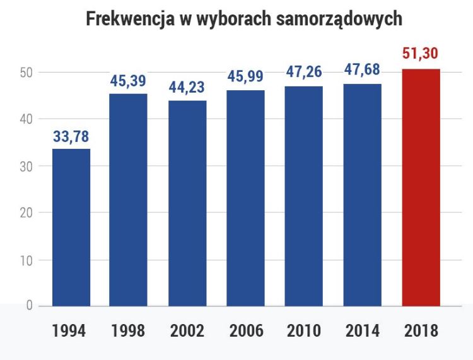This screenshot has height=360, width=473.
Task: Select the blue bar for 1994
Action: (71, 228)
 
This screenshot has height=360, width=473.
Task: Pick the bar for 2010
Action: (304, 196)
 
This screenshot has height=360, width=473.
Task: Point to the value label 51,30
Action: (421, 54)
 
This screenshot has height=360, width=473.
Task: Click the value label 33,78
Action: (71, 136)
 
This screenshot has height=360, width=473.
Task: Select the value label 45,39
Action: (128, 81)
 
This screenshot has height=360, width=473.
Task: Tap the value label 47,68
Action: (363, 70)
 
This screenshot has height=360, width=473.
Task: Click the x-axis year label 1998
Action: (127, 331)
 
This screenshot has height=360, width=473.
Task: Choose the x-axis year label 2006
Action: (246, 331)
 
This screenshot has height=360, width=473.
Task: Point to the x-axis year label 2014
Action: (363, 331)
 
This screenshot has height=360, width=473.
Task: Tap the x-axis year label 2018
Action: (421, 331)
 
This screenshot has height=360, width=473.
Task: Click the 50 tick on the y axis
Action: (25, 73)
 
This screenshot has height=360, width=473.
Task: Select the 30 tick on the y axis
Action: (25, 166)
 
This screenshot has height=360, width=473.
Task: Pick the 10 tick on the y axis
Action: (25, 260)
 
